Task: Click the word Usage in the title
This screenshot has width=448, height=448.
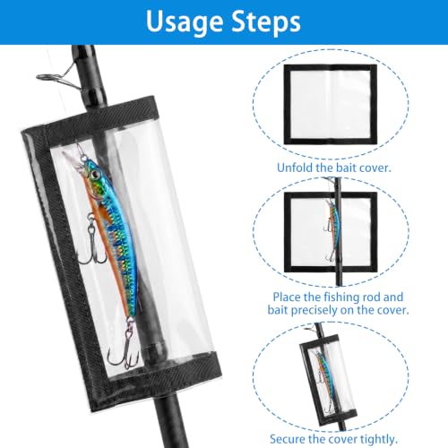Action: click(185, 22)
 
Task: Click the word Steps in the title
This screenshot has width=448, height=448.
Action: click(266, 22)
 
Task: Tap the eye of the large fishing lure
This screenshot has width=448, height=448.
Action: click(96, 174)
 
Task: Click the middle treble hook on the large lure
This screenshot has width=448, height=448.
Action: click(93, 239)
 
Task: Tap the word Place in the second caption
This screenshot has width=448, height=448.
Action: click(287, 297)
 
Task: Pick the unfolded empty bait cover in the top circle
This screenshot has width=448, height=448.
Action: click(330, 105)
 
